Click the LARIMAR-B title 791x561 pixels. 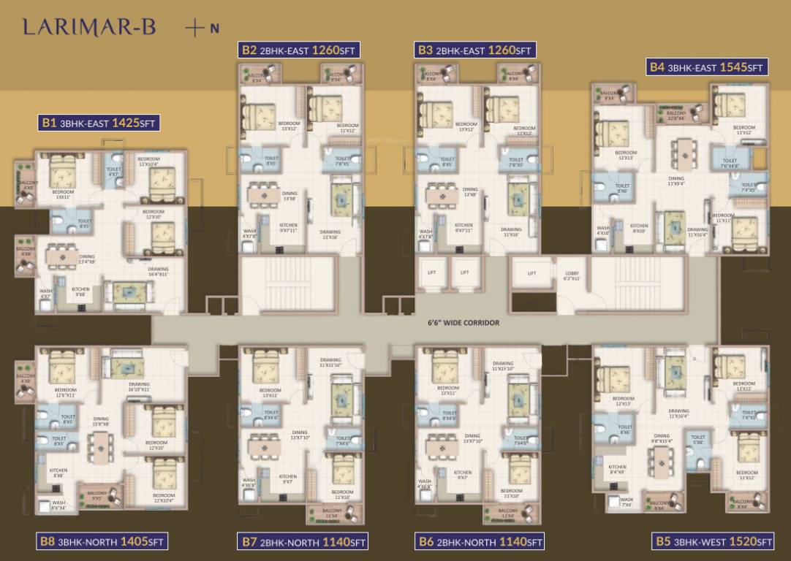point(89,28)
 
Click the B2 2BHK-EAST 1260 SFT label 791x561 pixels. point(299,50)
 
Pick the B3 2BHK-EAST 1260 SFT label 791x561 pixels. point(475,50)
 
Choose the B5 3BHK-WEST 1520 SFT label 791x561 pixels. point(712,541)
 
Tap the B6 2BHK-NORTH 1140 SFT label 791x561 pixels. point(480,541)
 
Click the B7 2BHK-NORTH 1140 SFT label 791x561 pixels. point(303,541)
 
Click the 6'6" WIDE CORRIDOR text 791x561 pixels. point(463,322)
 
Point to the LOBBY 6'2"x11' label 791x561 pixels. point(571,276)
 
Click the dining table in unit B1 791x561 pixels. point(63,257)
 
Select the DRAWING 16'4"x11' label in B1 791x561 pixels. point(158,271)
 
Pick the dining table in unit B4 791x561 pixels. point(684,154)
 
